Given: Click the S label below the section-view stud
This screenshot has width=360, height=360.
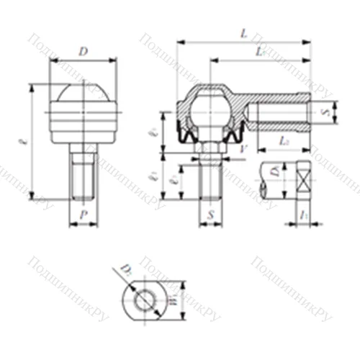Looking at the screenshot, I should (210, 215).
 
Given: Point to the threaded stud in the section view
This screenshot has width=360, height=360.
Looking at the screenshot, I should (210, 180).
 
